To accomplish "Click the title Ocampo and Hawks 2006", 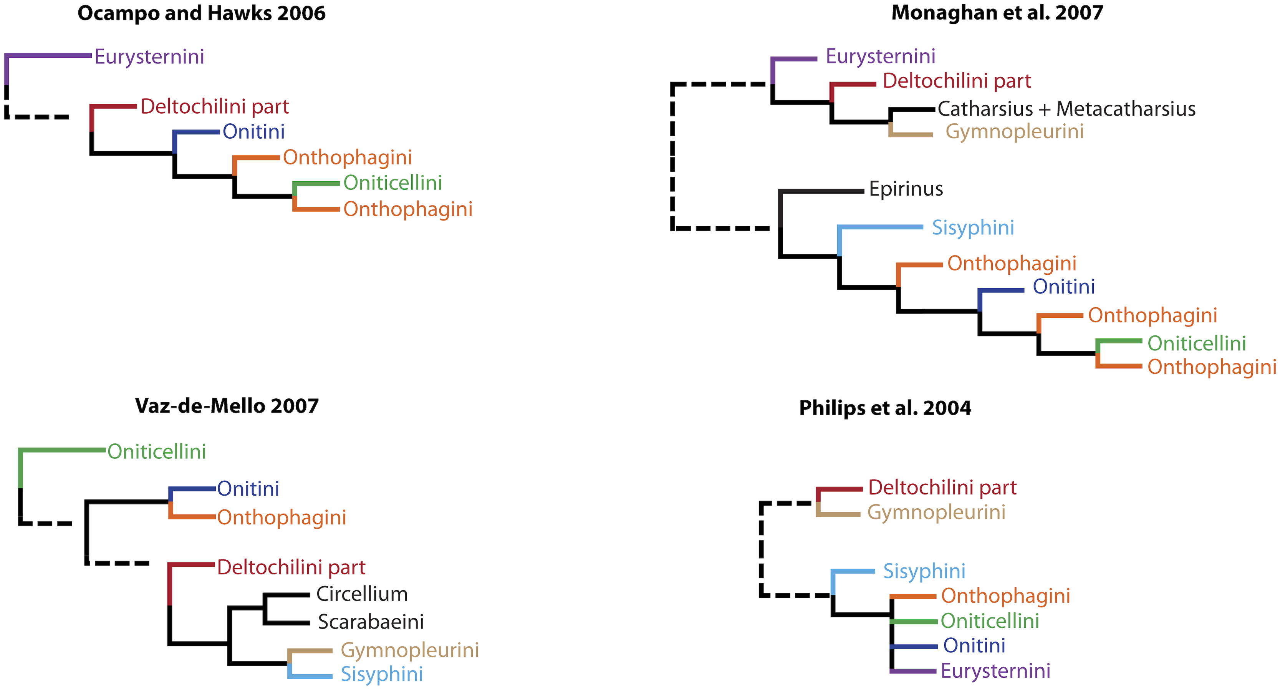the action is (x=201, y=13).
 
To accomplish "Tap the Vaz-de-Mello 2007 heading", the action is (x=227, y=406).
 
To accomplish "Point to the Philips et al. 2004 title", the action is (x=885, y=408).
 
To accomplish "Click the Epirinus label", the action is (x=906, y=189).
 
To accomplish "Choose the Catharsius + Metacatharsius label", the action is (x=1066, y=109).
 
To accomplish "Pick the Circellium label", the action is (x=362, y=594).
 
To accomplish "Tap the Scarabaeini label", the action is (x=371, y=622).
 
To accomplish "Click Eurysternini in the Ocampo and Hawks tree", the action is (x=149, y=57).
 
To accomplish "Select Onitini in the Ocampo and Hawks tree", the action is (x=253, y=132).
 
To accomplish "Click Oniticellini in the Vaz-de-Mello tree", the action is (x=157, y=451).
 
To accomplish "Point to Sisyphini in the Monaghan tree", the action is (x=973, y=228).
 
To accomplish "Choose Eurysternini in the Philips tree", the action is (x=995, y=671).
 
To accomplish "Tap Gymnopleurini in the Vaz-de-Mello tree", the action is (x=409, y=650).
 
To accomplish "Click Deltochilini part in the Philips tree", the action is (x=942, y=488).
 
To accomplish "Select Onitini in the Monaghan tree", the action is (x=1064, y=287).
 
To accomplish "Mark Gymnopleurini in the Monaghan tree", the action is (x=1014, y=132).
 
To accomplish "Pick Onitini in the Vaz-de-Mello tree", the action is (x=248, y=489).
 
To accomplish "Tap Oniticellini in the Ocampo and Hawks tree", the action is (x=392, y=183).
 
